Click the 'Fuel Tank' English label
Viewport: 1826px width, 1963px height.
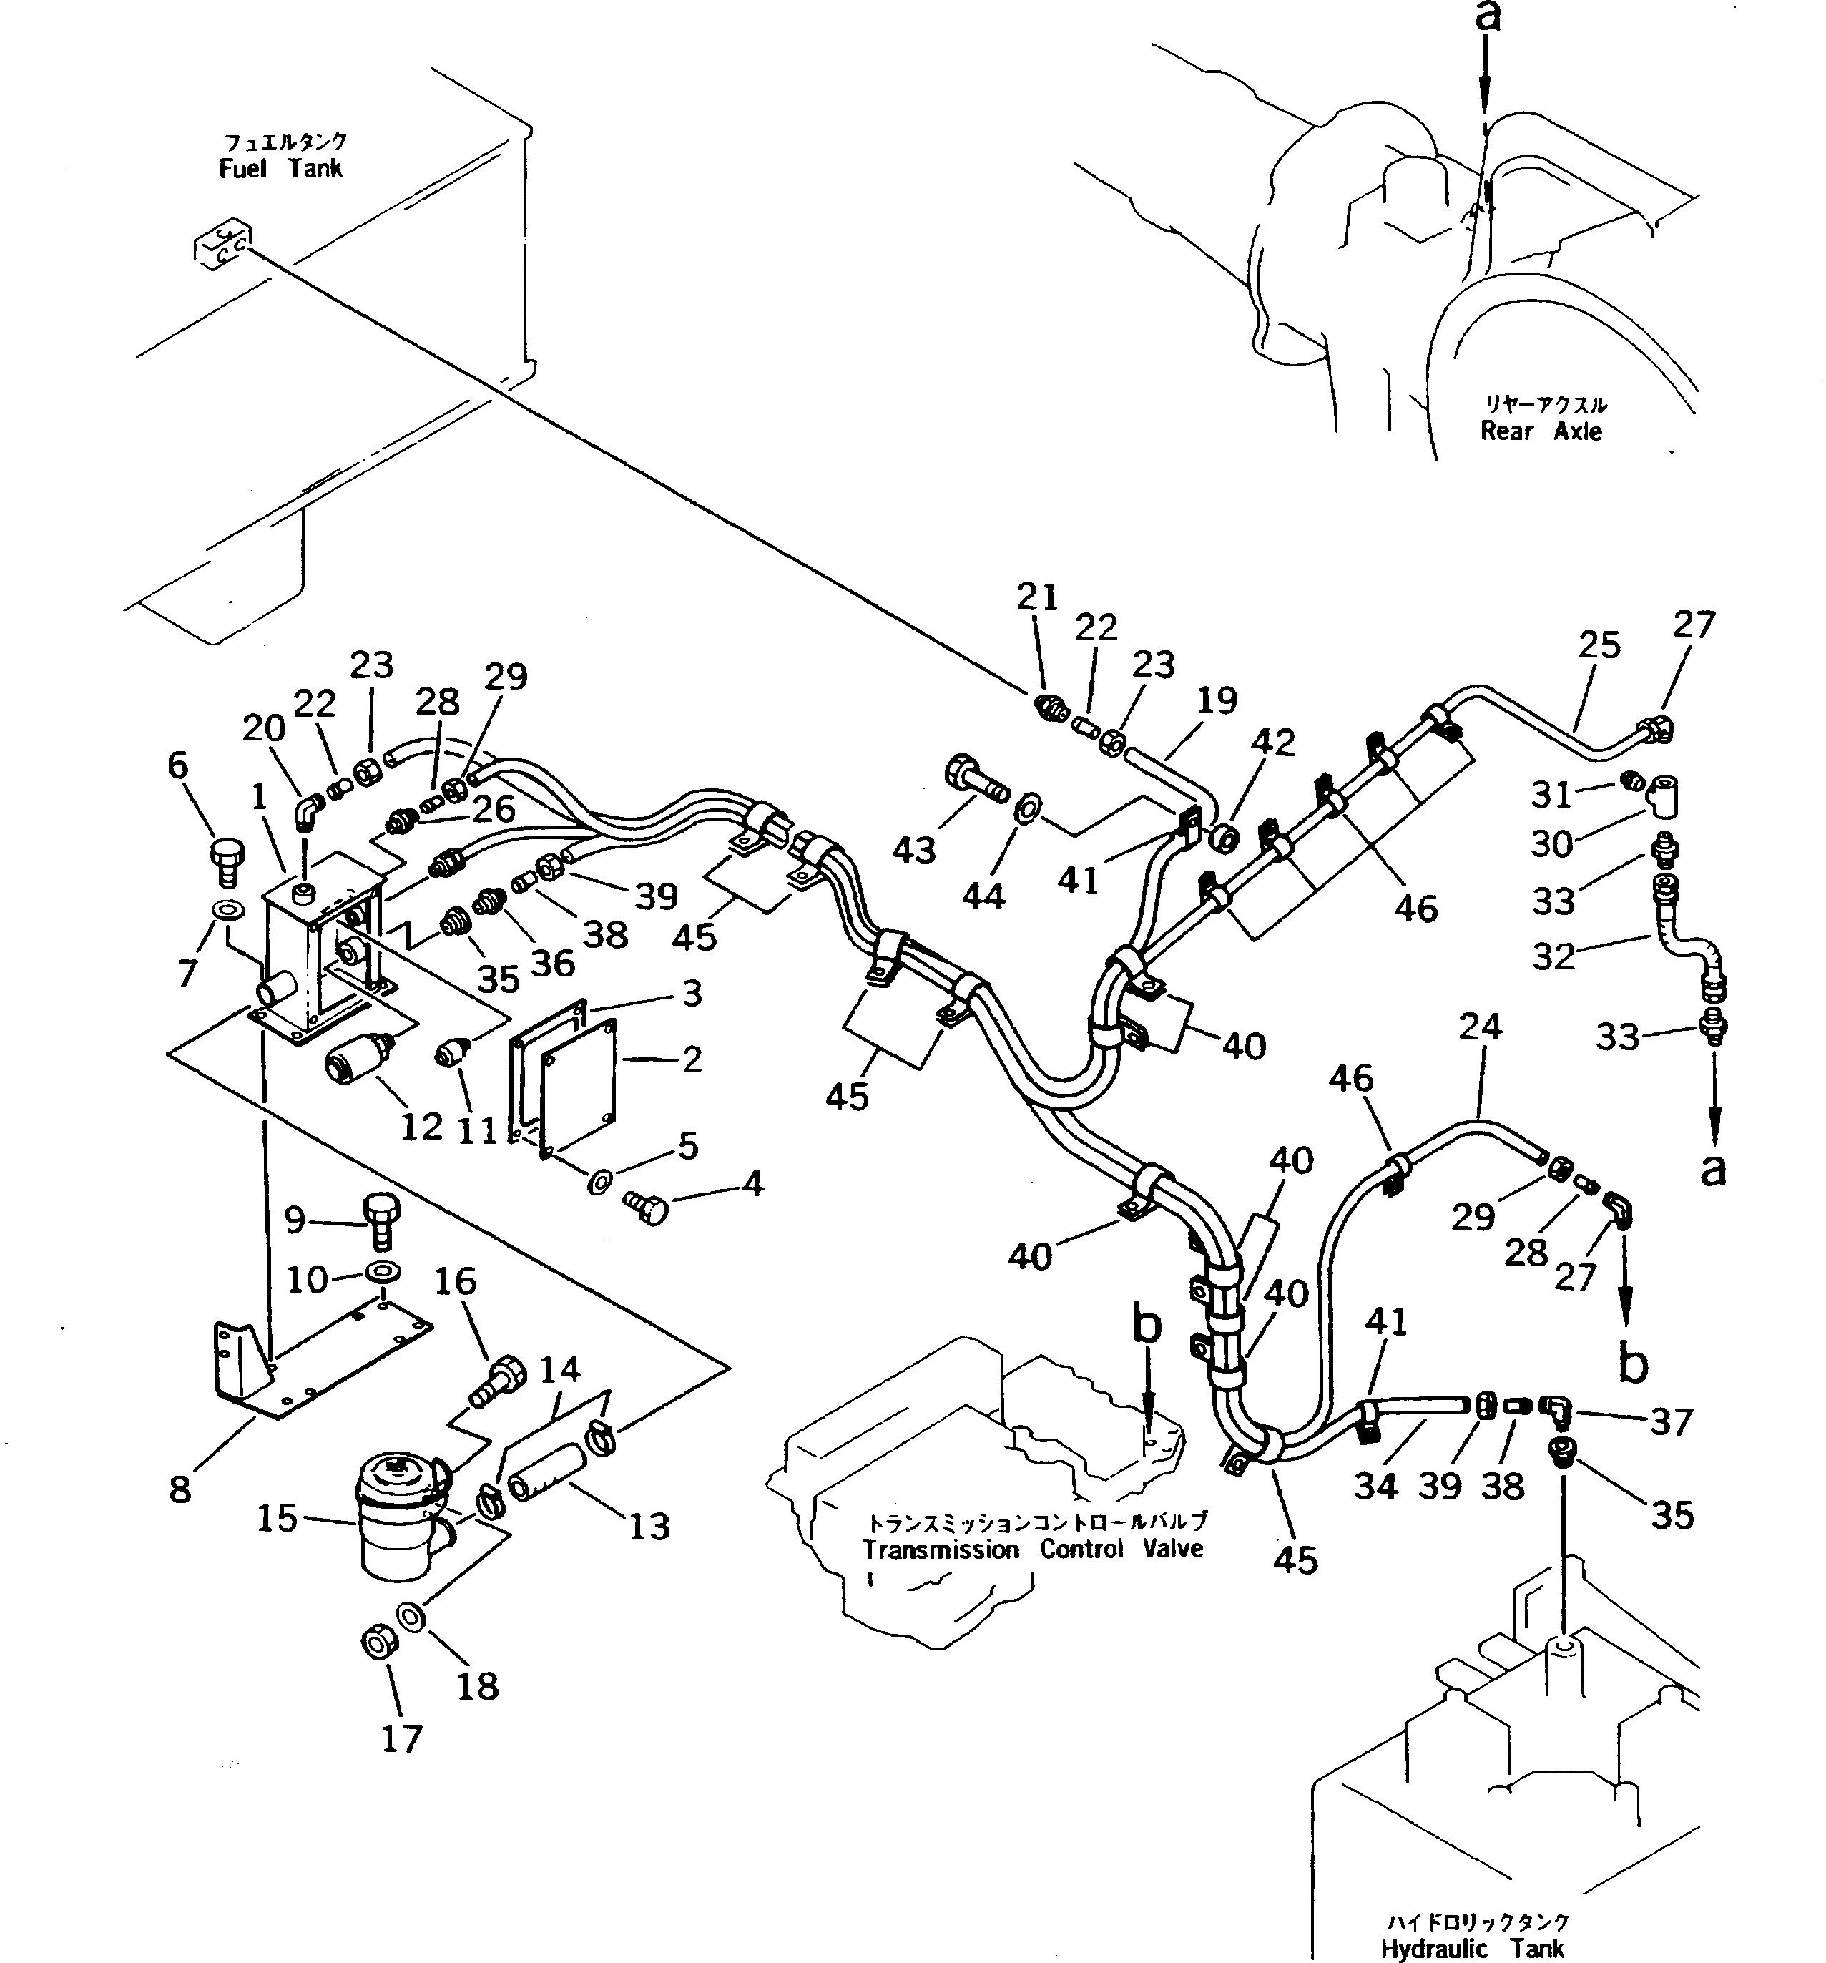(280, 169)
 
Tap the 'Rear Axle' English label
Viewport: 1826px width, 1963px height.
(1540, 431)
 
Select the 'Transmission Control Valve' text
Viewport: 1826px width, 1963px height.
(1032, 1550)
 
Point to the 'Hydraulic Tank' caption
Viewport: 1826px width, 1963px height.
(1472, 1948)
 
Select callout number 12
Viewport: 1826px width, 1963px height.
(423, 1126)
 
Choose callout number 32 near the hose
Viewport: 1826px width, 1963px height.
(1553, 956)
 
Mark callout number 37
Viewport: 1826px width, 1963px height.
(1671, 1422)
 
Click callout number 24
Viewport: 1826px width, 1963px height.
(1480, 1026)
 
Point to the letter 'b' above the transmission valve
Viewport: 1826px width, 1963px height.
(1147, 1326)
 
